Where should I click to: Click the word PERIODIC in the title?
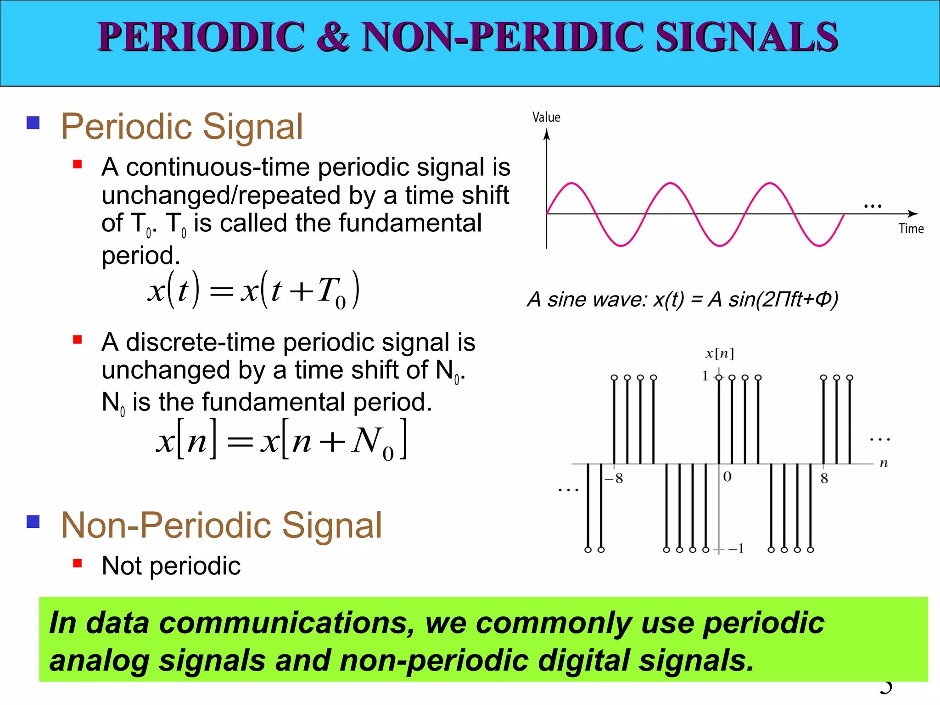201,37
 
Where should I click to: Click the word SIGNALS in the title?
747,37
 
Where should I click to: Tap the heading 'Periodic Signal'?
182,127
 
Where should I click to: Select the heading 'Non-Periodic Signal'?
221,526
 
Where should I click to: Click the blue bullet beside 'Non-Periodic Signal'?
33,522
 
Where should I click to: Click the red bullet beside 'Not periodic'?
77,563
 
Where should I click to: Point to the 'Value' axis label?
546,117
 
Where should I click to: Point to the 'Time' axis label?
911,229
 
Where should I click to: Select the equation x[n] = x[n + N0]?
281,441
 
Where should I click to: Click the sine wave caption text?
683,299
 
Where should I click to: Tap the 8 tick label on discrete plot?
824,479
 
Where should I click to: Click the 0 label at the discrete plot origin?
727,477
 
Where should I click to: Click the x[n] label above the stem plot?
719,353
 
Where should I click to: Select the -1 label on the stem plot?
736,548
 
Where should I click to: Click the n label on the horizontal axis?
884,463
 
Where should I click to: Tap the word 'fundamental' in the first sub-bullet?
410,224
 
